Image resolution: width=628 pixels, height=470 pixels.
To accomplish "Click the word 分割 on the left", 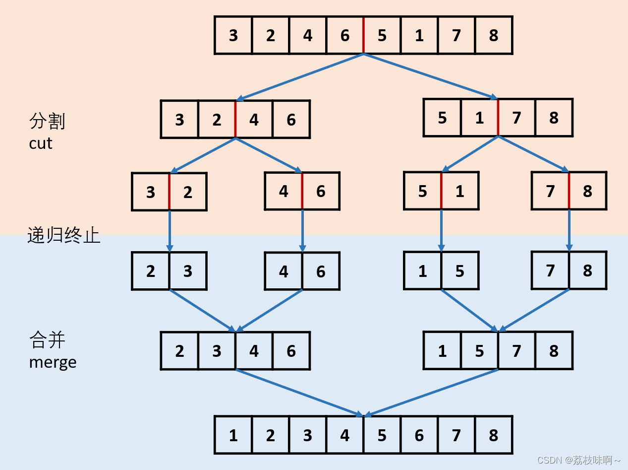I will click(x=47, y=121).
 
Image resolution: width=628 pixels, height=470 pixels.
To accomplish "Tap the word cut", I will click(x=41, y=143).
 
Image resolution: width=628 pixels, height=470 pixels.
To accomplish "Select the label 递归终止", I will click(x=63, y=235).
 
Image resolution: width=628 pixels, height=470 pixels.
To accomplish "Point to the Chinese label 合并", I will click(x=47, y=340).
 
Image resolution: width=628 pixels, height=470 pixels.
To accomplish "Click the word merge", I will click(x=53, y=362).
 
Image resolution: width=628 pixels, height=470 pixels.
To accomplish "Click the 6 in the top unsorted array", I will click(x=345, y=35).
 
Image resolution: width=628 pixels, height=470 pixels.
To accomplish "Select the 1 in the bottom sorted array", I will click(x=233, y=435).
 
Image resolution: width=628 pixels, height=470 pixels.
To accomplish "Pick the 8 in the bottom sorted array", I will click(x=494, y=435).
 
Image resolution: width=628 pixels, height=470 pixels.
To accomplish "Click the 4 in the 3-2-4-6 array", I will click(x=254, y=120).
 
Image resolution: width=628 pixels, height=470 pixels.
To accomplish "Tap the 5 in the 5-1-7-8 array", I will click(x=442, y=118).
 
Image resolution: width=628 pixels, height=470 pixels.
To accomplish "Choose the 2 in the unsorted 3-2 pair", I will click(x=188, y=192).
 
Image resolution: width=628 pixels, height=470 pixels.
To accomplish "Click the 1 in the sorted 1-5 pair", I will click(x=422, y=271).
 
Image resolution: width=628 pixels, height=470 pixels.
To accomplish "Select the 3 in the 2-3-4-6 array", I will click(x=217, y=351).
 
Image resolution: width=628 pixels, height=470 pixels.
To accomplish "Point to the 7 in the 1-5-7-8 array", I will click(x=516, y=351).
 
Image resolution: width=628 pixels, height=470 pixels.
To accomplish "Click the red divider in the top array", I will click(x=363, y=35).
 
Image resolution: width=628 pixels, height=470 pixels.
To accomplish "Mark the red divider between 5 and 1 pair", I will click(x=441, y=191).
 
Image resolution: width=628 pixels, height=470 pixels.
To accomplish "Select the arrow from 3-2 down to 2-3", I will click(x=170, y=230).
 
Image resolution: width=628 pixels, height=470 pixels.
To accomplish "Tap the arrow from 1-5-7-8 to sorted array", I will click(x=431, y=392).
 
